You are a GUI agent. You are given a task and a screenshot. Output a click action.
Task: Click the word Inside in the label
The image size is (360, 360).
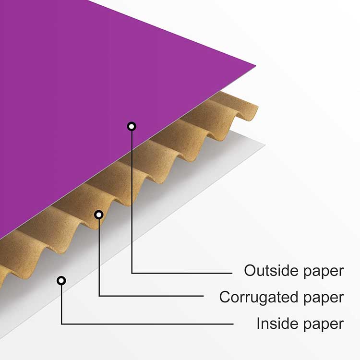[x=276, y=324]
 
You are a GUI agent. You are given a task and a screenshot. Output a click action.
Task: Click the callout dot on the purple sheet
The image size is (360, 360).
[x=132, y=126]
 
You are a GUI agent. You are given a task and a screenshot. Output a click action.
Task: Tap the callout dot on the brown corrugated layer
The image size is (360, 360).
[x=99, y=214]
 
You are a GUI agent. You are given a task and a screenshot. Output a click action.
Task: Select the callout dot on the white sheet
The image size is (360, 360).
[x=61, y=280]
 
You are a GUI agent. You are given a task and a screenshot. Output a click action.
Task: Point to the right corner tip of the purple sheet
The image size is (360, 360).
[x=254, y=65]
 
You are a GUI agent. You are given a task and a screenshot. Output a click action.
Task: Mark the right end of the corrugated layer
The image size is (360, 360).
[x=256, y=108]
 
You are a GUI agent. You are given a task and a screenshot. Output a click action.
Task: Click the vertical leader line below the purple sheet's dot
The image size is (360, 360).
[x=132, y=202]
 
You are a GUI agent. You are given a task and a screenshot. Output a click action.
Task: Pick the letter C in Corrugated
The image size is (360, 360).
[x=225, y=297]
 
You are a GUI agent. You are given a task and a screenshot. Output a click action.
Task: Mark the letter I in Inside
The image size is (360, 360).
[x=258, y=324]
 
